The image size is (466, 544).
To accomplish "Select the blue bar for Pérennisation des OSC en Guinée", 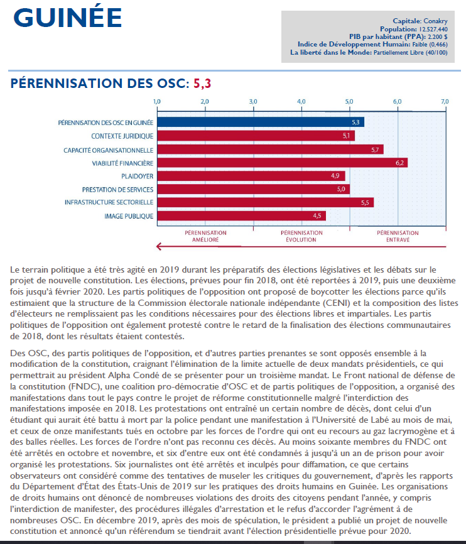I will click(260, 122).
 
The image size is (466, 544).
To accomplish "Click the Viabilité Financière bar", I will click(282, 163).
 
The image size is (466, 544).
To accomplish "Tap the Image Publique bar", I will click(241, 216).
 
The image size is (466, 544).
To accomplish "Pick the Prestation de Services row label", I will click(117, 189).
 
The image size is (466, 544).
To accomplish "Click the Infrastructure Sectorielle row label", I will click(109, 202).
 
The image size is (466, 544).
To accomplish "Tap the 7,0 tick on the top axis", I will click(445, 101).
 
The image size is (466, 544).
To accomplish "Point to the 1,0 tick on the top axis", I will click(157, 101).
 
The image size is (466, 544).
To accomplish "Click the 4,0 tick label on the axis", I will click(301, 101).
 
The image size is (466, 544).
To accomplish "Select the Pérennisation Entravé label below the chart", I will click(398, 236).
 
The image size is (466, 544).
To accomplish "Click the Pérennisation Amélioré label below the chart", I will click(205, 236).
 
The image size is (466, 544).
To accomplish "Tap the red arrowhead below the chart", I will click(160, 246).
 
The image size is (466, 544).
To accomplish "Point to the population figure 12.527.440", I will click(430, 29).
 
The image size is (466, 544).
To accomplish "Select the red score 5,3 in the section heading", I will click(202, 83).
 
